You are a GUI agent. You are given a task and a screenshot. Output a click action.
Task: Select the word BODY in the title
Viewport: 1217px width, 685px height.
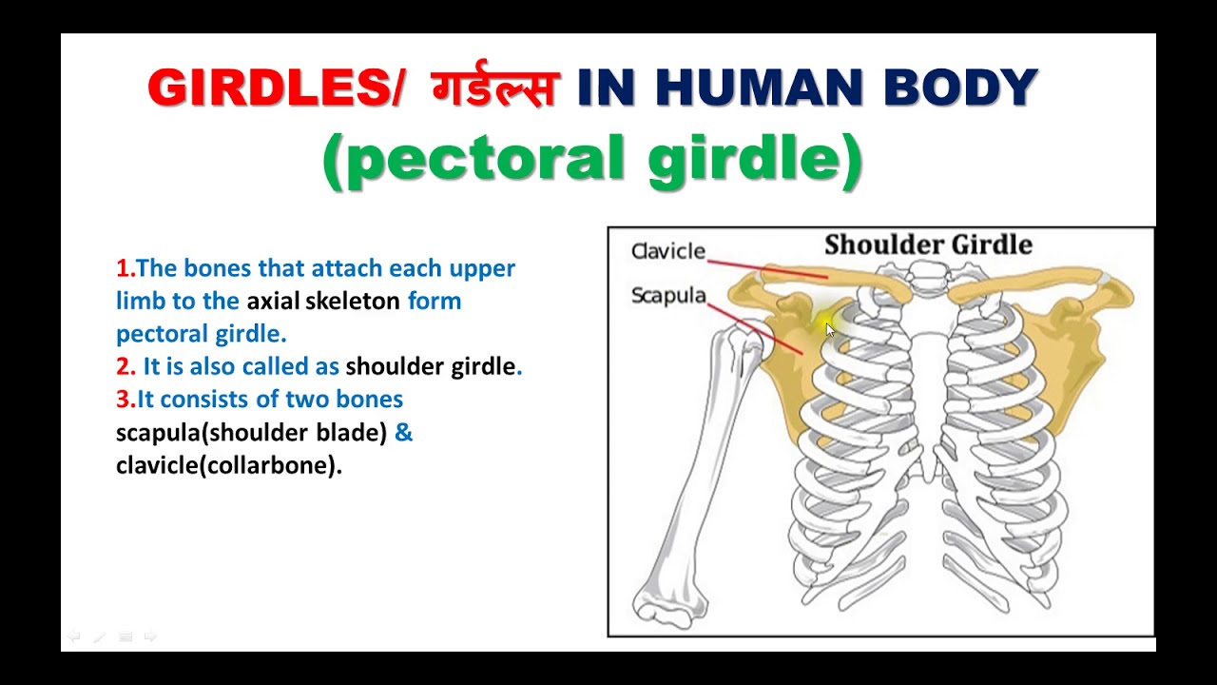click(960, 88)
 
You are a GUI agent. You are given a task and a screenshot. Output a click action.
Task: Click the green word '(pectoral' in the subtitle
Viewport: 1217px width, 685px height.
click(475, 159)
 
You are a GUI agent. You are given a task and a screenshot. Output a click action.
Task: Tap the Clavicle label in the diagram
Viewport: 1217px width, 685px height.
click(668, 251)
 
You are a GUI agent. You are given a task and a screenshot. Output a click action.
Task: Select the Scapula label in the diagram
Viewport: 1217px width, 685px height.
click(668, 296)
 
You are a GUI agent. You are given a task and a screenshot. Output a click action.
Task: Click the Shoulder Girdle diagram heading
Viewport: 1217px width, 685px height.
click(928, 245)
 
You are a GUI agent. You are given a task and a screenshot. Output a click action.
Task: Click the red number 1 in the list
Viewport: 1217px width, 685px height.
click(122, 268)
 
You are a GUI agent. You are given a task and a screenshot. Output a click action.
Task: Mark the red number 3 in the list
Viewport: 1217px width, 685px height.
click(123, 400)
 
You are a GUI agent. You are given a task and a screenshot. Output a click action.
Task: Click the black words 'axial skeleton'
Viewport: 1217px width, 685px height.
click(323, 302)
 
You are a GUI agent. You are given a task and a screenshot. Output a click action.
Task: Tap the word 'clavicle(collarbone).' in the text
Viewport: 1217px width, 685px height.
click(228, 466)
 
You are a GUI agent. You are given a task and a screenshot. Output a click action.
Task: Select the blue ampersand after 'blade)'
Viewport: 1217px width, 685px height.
click(403, 433)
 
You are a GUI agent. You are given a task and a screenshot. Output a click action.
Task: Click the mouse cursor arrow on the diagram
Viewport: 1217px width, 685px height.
click(829, 329)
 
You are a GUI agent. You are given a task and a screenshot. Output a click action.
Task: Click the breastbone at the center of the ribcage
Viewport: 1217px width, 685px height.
click(928, 381)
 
